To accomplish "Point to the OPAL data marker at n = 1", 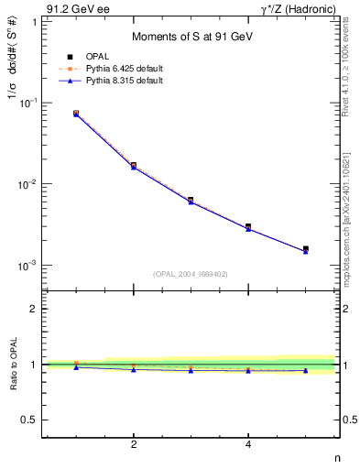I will pos(76,114).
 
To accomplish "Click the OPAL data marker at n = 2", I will pos(134,166).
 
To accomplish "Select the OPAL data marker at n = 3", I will pos(191,200).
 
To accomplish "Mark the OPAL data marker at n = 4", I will pos(248,226).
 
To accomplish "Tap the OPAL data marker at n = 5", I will pos(306,248).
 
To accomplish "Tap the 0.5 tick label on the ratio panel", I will pos(30,420).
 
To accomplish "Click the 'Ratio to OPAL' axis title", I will pos(12,364).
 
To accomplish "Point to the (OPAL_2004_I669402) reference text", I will pos(191,273).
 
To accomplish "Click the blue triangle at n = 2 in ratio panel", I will pos(134,369).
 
